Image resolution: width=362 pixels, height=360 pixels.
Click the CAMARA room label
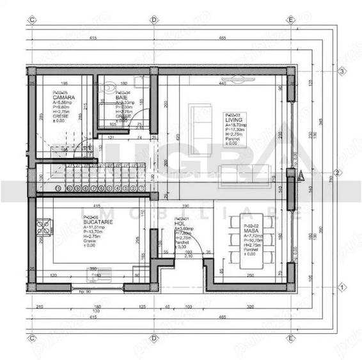61,97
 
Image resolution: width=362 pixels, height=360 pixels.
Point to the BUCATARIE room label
97,223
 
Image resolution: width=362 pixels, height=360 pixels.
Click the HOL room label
180,224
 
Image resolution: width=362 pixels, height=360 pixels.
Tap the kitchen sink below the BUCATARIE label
95,277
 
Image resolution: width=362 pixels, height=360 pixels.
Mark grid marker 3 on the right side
342,71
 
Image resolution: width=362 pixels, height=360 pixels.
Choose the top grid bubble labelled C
31,20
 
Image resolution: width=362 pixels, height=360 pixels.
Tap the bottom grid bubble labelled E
290,338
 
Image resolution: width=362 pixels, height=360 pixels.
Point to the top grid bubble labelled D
153,20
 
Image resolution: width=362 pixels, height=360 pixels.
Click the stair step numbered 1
58,188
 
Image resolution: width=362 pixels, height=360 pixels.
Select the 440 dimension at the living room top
223,84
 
